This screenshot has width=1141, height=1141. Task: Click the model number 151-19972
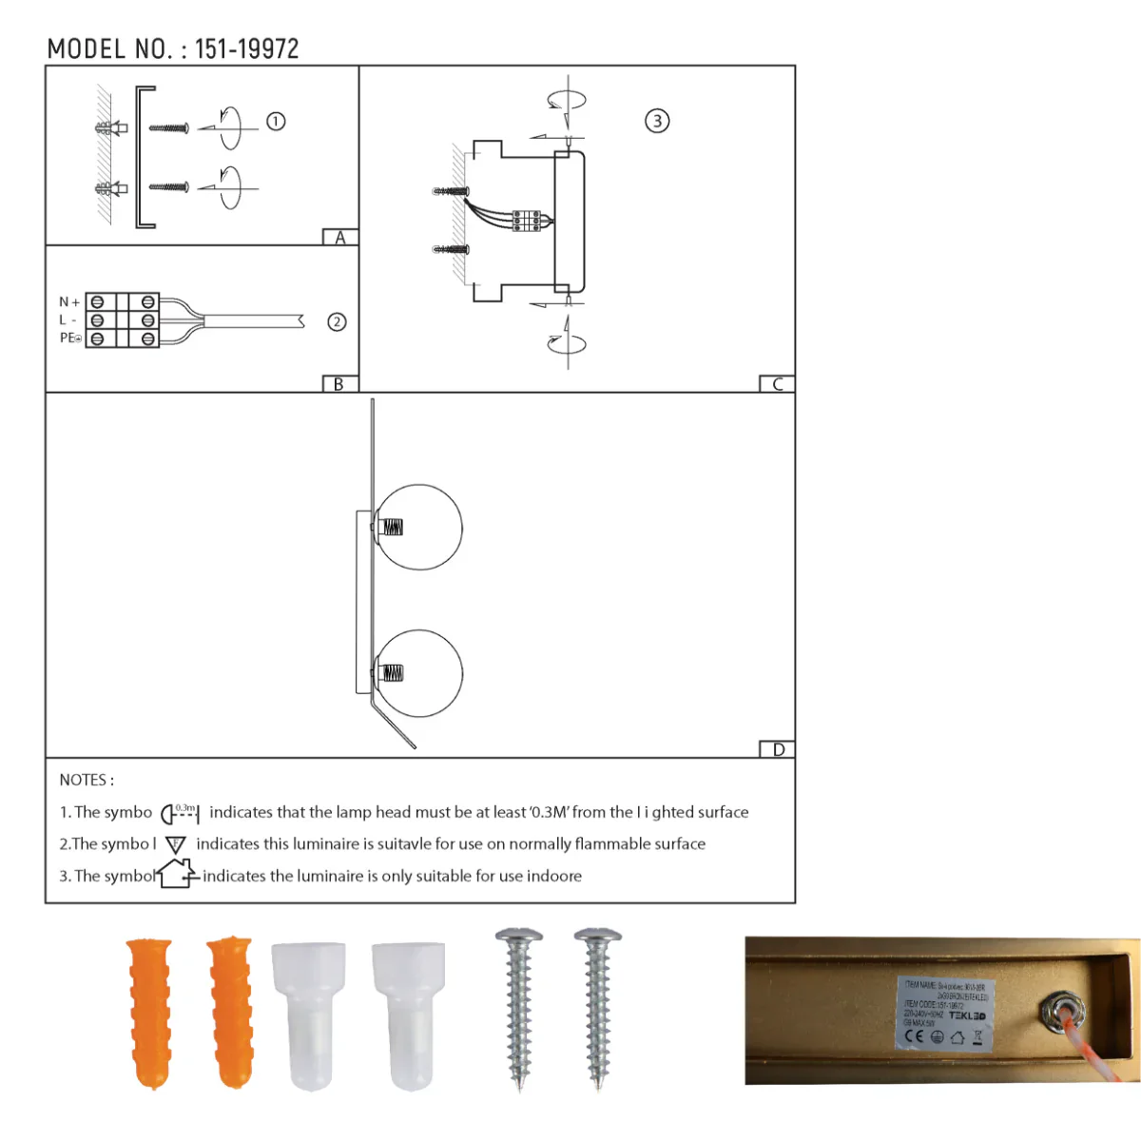246,49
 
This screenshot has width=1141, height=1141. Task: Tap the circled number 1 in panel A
276,122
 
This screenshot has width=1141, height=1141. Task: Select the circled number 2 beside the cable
337,321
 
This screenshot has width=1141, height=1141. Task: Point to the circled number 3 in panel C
657,121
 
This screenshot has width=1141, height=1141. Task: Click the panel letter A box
339,238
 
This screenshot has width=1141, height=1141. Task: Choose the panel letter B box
338,384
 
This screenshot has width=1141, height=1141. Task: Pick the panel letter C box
777,384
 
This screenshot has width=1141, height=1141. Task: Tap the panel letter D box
778,749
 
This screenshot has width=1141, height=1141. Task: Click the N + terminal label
69,302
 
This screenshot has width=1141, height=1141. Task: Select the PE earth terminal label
70,338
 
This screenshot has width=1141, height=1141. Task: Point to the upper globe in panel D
419,528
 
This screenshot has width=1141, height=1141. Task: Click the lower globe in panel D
419,672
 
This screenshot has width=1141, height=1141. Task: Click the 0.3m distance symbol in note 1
180,813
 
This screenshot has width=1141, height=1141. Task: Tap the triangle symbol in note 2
176,844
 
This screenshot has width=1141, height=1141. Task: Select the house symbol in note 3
178,874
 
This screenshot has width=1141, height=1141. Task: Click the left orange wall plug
149,1012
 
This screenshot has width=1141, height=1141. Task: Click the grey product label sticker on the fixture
945,1014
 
